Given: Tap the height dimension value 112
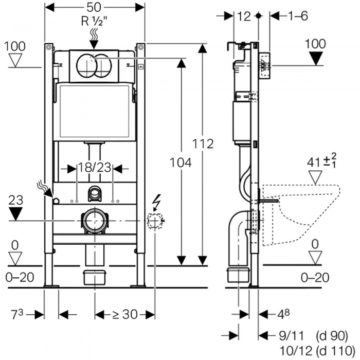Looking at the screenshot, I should coord(204,144).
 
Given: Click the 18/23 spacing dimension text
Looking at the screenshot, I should coord(95,168).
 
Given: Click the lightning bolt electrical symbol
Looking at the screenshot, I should coord(156,203).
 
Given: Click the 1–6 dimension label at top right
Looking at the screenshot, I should coord(297,16).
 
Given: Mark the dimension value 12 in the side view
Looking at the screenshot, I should coord(244,16).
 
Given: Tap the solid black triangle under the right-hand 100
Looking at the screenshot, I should coord(315,58).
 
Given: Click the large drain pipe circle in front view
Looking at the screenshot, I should coord(94,221).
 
